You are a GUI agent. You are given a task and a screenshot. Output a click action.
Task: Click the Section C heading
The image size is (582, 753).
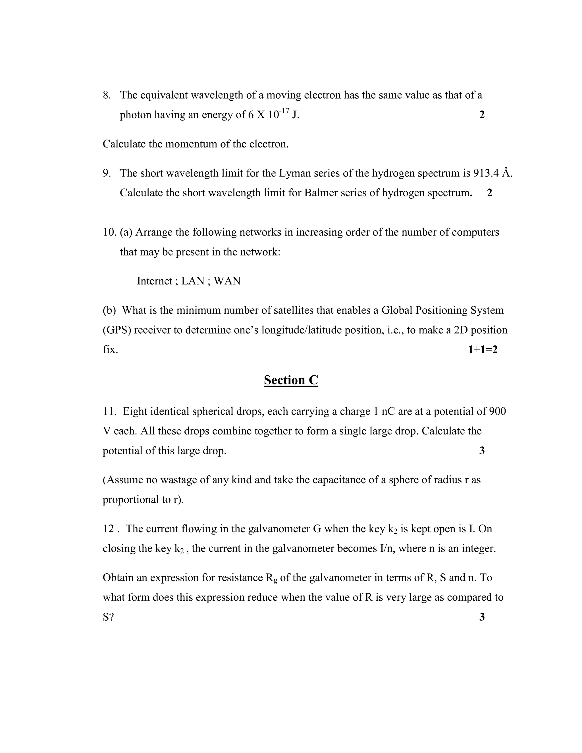pyautogui.click(x=291, y=380)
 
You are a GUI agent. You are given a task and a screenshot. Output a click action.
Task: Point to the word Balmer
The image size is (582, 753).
pyautogui.click(x=321, y=193)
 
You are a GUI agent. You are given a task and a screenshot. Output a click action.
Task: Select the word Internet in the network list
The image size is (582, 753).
pyautogui.click(x=155, y=281)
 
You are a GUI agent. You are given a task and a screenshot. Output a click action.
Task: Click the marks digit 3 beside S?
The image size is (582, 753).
pyautogui.click(x=482, y=617)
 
